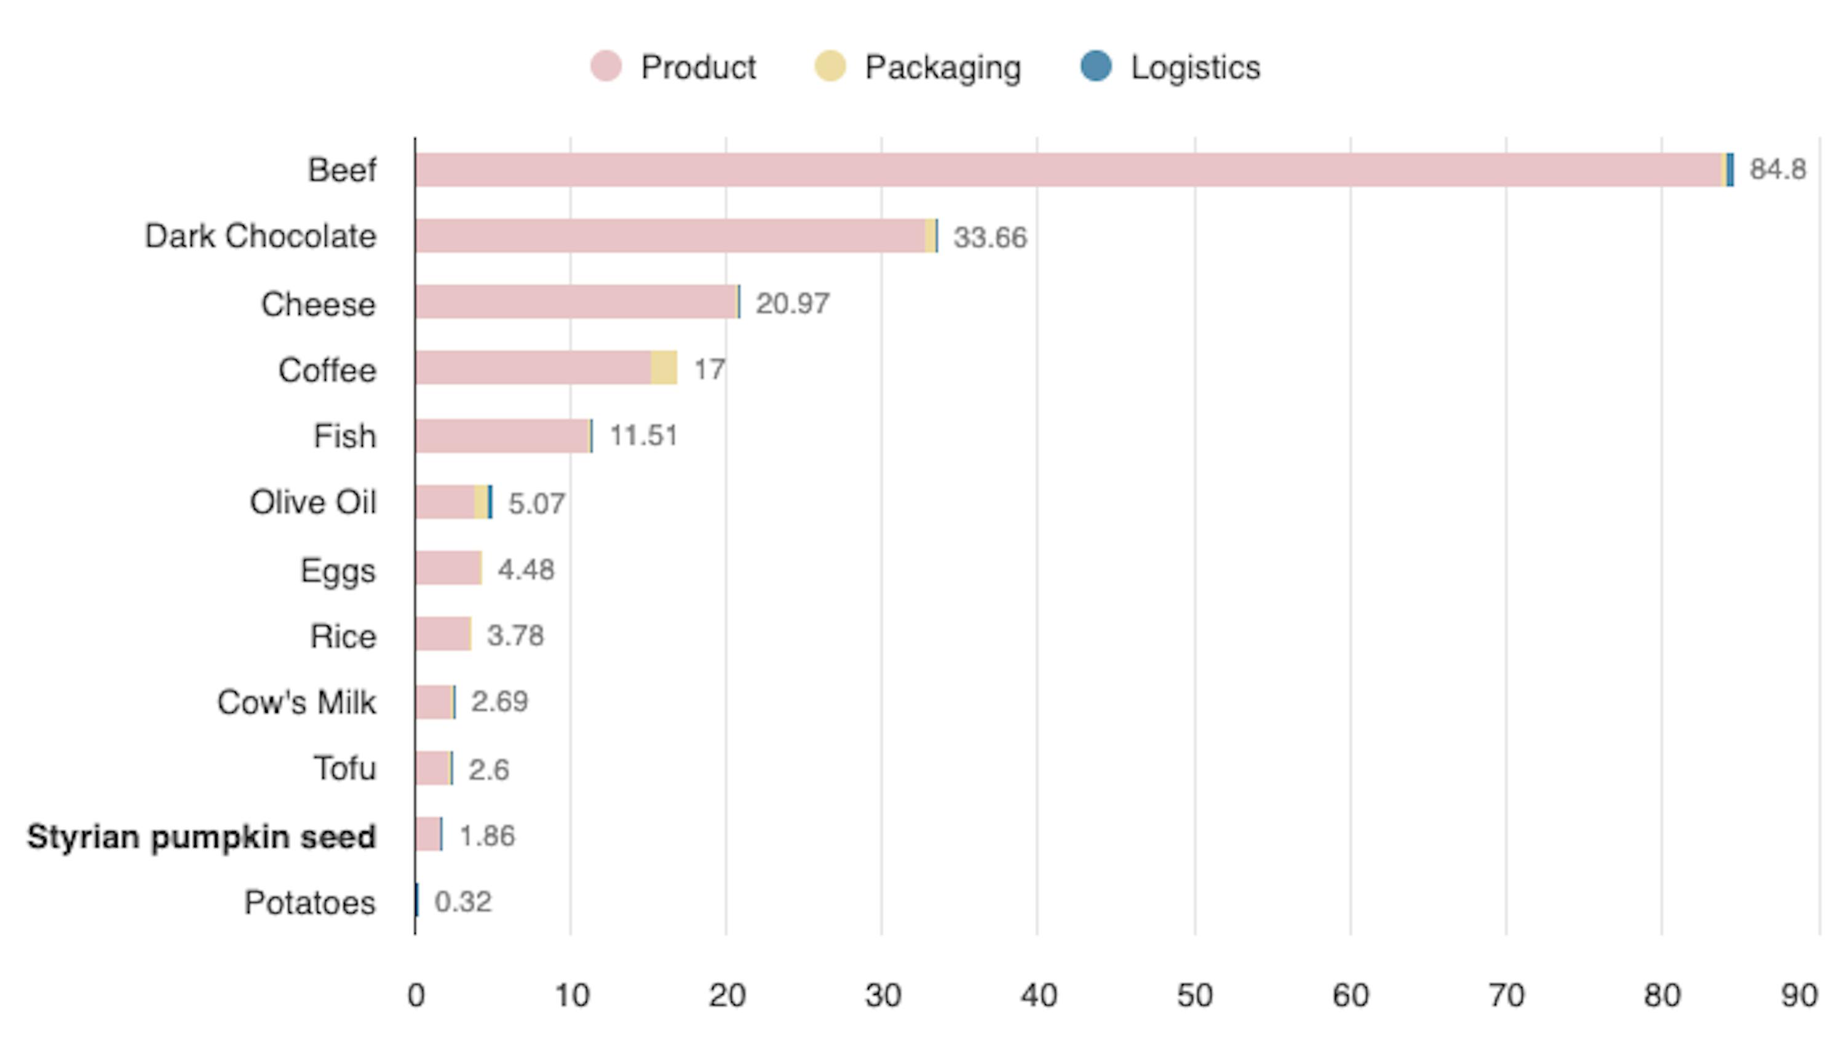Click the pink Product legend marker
click(x=605, y=66)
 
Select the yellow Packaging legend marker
click(x=830, y=66)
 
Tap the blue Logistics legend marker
click(x=1095, y=66)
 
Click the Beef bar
click(x=1068, y=170)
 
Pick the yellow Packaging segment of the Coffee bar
click(x=664, y=368)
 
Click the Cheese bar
click(x=576, y=302)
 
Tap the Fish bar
click(x=502, y=436)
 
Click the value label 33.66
click(x=990, y=237)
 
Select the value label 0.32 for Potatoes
click(x=462, y=902)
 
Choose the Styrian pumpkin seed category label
click(x=201, y=837)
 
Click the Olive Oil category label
click(x=312, y=502)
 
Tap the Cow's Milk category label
click(x=296, y=702)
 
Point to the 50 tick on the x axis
click(x=1194, y=996)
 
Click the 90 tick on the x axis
click(x=1799, y=996)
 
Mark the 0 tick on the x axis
click(x=416, y=996)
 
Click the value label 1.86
click(x=487, y=836)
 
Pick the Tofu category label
click(x=344, y=768)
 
